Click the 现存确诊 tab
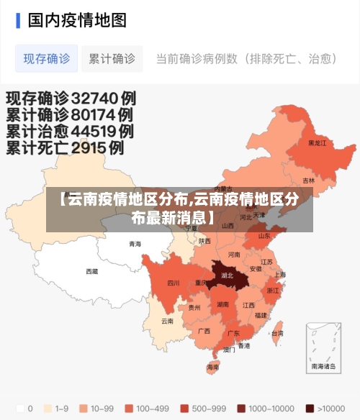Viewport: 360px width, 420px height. [x=47, y=59]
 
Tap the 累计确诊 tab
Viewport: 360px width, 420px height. [x=112, y=59]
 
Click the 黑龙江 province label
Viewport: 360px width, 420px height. [x=317, y=143]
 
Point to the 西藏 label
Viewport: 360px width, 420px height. [x=92, y=271]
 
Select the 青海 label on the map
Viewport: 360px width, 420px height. [x=135, y=244]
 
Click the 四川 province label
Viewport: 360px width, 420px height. [x=174, y=283]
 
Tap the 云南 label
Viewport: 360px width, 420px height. [x=167, y=321]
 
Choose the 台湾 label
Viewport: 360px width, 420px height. [x=277, y=334]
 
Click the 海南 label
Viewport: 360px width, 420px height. [x=213, y=367]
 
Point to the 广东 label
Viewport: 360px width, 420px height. [x=233, y=334]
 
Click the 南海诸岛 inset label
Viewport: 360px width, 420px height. [x=323, y=366]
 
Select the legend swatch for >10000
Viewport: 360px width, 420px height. [x=310, y=408]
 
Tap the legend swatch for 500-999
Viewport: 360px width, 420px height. [x=185, y=408]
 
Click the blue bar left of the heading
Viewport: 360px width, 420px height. [x=18, y=20]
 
